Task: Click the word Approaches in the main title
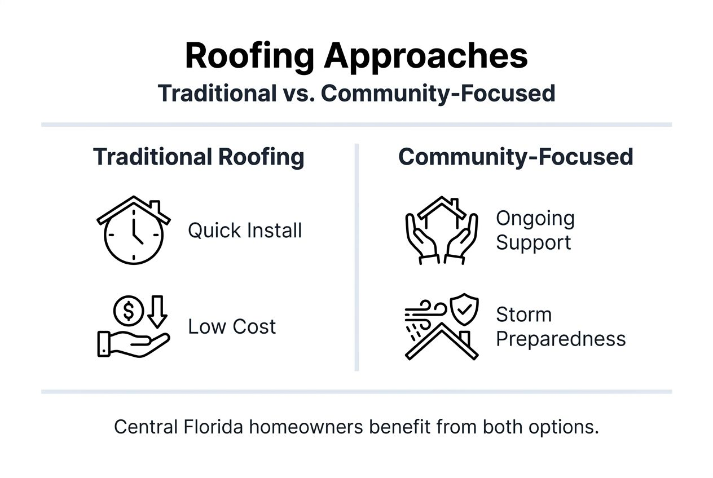[x=426, y=56]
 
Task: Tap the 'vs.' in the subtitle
[x=296, y=93]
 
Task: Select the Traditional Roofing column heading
[x=199, y=157]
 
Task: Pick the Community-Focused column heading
[x=515, y=157]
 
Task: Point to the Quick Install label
[x=245, y=231]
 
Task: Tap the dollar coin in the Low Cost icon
[x=128, y=309]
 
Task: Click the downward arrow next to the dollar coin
[x=157, y=312]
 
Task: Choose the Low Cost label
[x=232, y=326]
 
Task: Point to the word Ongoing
[x=535, y=218]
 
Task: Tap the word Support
[x=533, y=243]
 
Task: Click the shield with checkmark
[x=464, y=309]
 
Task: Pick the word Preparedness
[x=560, y=339]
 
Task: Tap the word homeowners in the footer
[x=306, y=427]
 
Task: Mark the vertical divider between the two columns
[x=356, y=257]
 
